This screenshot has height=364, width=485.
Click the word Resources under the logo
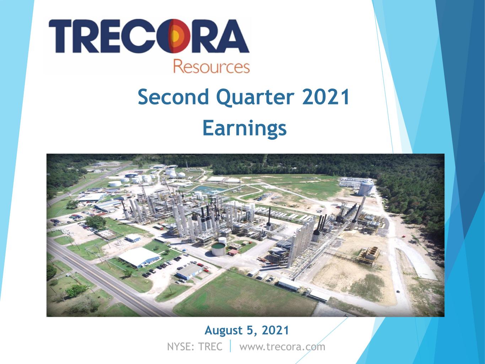[211, 66]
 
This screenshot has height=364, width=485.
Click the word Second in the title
[173, 97]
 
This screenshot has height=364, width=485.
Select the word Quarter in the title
[255, 98]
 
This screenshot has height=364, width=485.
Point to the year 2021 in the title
[325, 97]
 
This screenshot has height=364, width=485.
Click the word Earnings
[244, 129]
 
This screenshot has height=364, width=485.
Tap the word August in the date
[223, 331]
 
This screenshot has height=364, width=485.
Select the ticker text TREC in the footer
[210, 347]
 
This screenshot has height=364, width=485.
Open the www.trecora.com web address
[282, 347]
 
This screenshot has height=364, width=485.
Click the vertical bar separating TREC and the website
[231, 346]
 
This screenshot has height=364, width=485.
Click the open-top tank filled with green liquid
[218, 249]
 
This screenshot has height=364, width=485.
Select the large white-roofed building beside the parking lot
[139, 257]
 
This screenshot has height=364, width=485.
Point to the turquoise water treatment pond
[206, 189]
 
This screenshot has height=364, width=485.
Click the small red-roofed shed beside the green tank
[233, 252]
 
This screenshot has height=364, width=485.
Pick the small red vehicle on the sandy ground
[404, 236]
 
